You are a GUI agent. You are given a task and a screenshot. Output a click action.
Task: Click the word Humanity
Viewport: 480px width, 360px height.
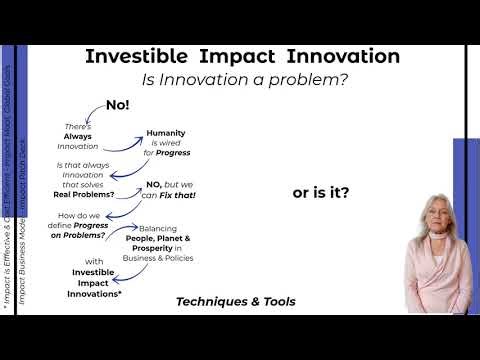click(x=166, y=133)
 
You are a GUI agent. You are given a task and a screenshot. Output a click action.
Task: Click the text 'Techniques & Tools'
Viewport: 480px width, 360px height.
click(x=235, y=301)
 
